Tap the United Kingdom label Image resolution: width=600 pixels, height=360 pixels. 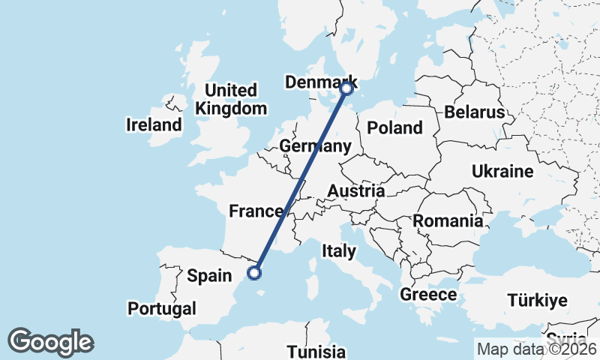(231, 99)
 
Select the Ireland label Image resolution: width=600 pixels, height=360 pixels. (154, 124)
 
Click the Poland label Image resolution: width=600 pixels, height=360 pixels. (394, 128)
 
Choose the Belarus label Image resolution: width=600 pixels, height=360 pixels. (474, 112)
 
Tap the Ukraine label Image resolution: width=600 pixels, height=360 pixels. (502, 172)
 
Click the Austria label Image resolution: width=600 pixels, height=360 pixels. (355, 191)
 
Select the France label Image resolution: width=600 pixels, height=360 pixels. (255, 211)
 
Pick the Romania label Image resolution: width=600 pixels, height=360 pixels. (447, 221)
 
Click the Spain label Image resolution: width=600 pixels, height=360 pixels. (209, 276)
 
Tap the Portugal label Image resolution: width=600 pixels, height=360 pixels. (162, 308)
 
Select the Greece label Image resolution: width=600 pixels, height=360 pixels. (428, 295)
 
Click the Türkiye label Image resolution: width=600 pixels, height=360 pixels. (537, 301)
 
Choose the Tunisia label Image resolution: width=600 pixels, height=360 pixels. (316, 352)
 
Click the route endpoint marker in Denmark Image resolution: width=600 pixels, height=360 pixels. (346, 88)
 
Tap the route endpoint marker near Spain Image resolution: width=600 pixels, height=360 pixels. (255, 273)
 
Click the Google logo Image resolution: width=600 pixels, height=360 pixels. (50, 342)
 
